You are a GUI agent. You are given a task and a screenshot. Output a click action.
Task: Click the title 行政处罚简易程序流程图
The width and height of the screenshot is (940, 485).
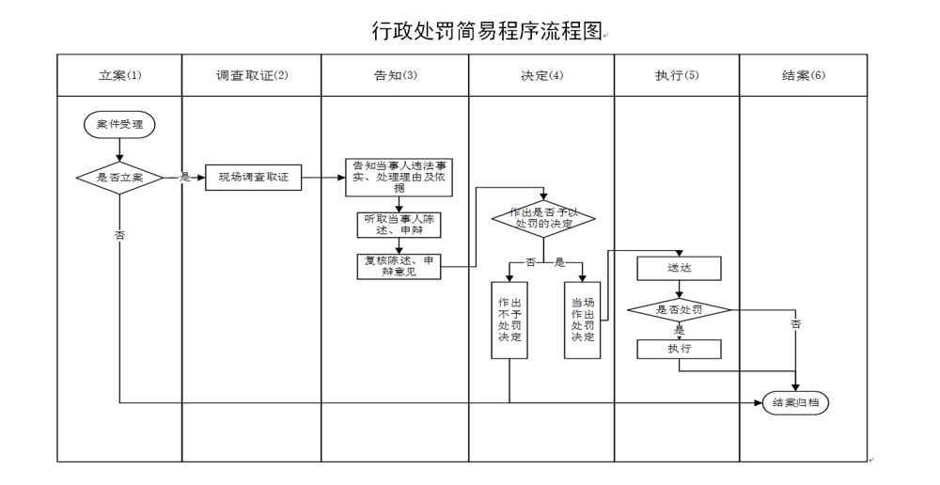486,31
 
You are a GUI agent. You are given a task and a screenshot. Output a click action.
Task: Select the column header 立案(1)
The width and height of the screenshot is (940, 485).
119,75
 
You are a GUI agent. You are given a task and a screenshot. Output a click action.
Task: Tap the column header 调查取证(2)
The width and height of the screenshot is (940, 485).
251,75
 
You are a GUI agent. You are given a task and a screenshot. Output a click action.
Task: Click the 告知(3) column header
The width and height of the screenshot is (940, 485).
395,75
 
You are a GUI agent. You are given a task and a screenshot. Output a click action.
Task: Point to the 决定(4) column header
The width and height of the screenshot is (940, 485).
541,75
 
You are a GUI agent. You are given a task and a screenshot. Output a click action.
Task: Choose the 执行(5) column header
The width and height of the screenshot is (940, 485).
677,75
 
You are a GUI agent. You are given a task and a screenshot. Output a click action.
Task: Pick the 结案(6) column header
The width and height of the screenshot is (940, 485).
803,75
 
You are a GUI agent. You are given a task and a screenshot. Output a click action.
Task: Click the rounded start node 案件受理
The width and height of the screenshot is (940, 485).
119,124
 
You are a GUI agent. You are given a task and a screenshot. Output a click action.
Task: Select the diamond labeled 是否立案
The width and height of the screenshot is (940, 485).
119,177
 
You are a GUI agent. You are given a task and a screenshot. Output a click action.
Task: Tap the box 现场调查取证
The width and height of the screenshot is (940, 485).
254,177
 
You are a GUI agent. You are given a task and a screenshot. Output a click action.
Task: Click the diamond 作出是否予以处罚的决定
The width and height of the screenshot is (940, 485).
544,218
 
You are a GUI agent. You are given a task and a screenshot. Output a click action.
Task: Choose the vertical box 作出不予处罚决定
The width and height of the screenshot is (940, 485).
509,320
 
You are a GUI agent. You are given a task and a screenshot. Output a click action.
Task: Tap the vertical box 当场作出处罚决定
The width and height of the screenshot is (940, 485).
582,320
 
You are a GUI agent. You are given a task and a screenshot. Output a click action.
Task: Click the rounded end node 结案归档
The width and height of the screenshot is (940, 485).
795,403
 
